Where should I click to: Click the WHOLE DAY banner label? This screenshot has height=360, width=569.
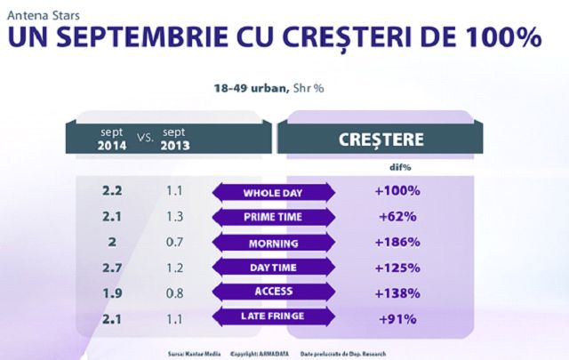[274, 192]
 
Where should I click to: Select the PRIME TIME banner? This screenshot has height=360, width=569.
[274, 217]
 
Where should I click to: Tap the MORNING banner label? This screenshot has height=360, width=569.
[274, 242]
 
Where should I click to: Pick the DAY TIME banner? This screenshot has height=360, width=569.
[274, 267]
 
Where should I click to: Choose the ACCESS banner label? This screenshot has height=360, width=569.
[274, 291]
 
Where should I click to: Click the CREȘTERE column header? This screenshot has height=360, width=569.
[382, 140]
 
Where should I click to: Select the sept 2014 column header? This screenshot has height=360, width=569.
[113, 139]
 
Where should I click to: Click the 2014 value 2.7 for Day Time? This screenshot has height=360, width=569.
[112, 267]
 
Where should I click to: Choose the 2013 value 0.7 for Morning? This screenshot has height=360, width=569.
[174, 242]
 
